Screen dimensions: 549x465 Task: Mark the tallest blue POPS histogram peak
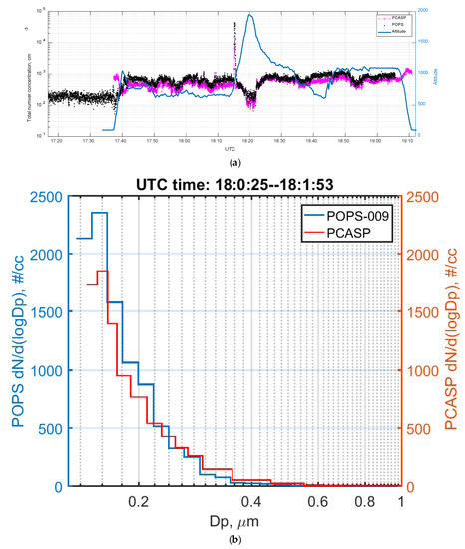[99, 213]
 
